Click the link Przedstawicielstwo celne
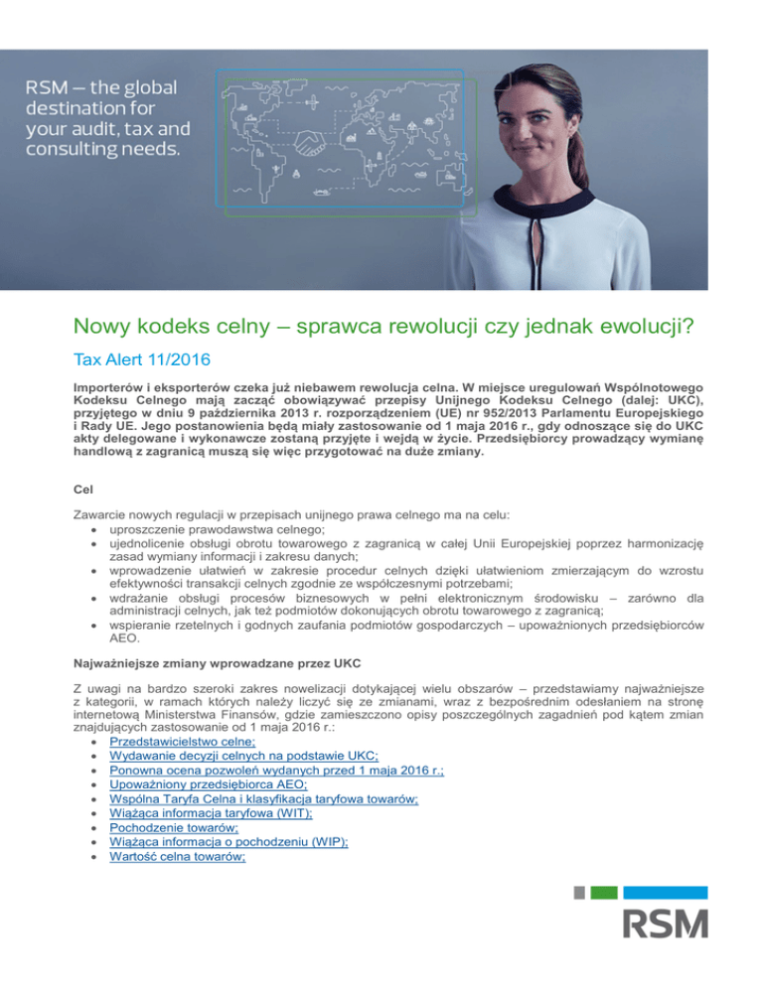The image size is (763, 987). [x=182, y=741]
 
